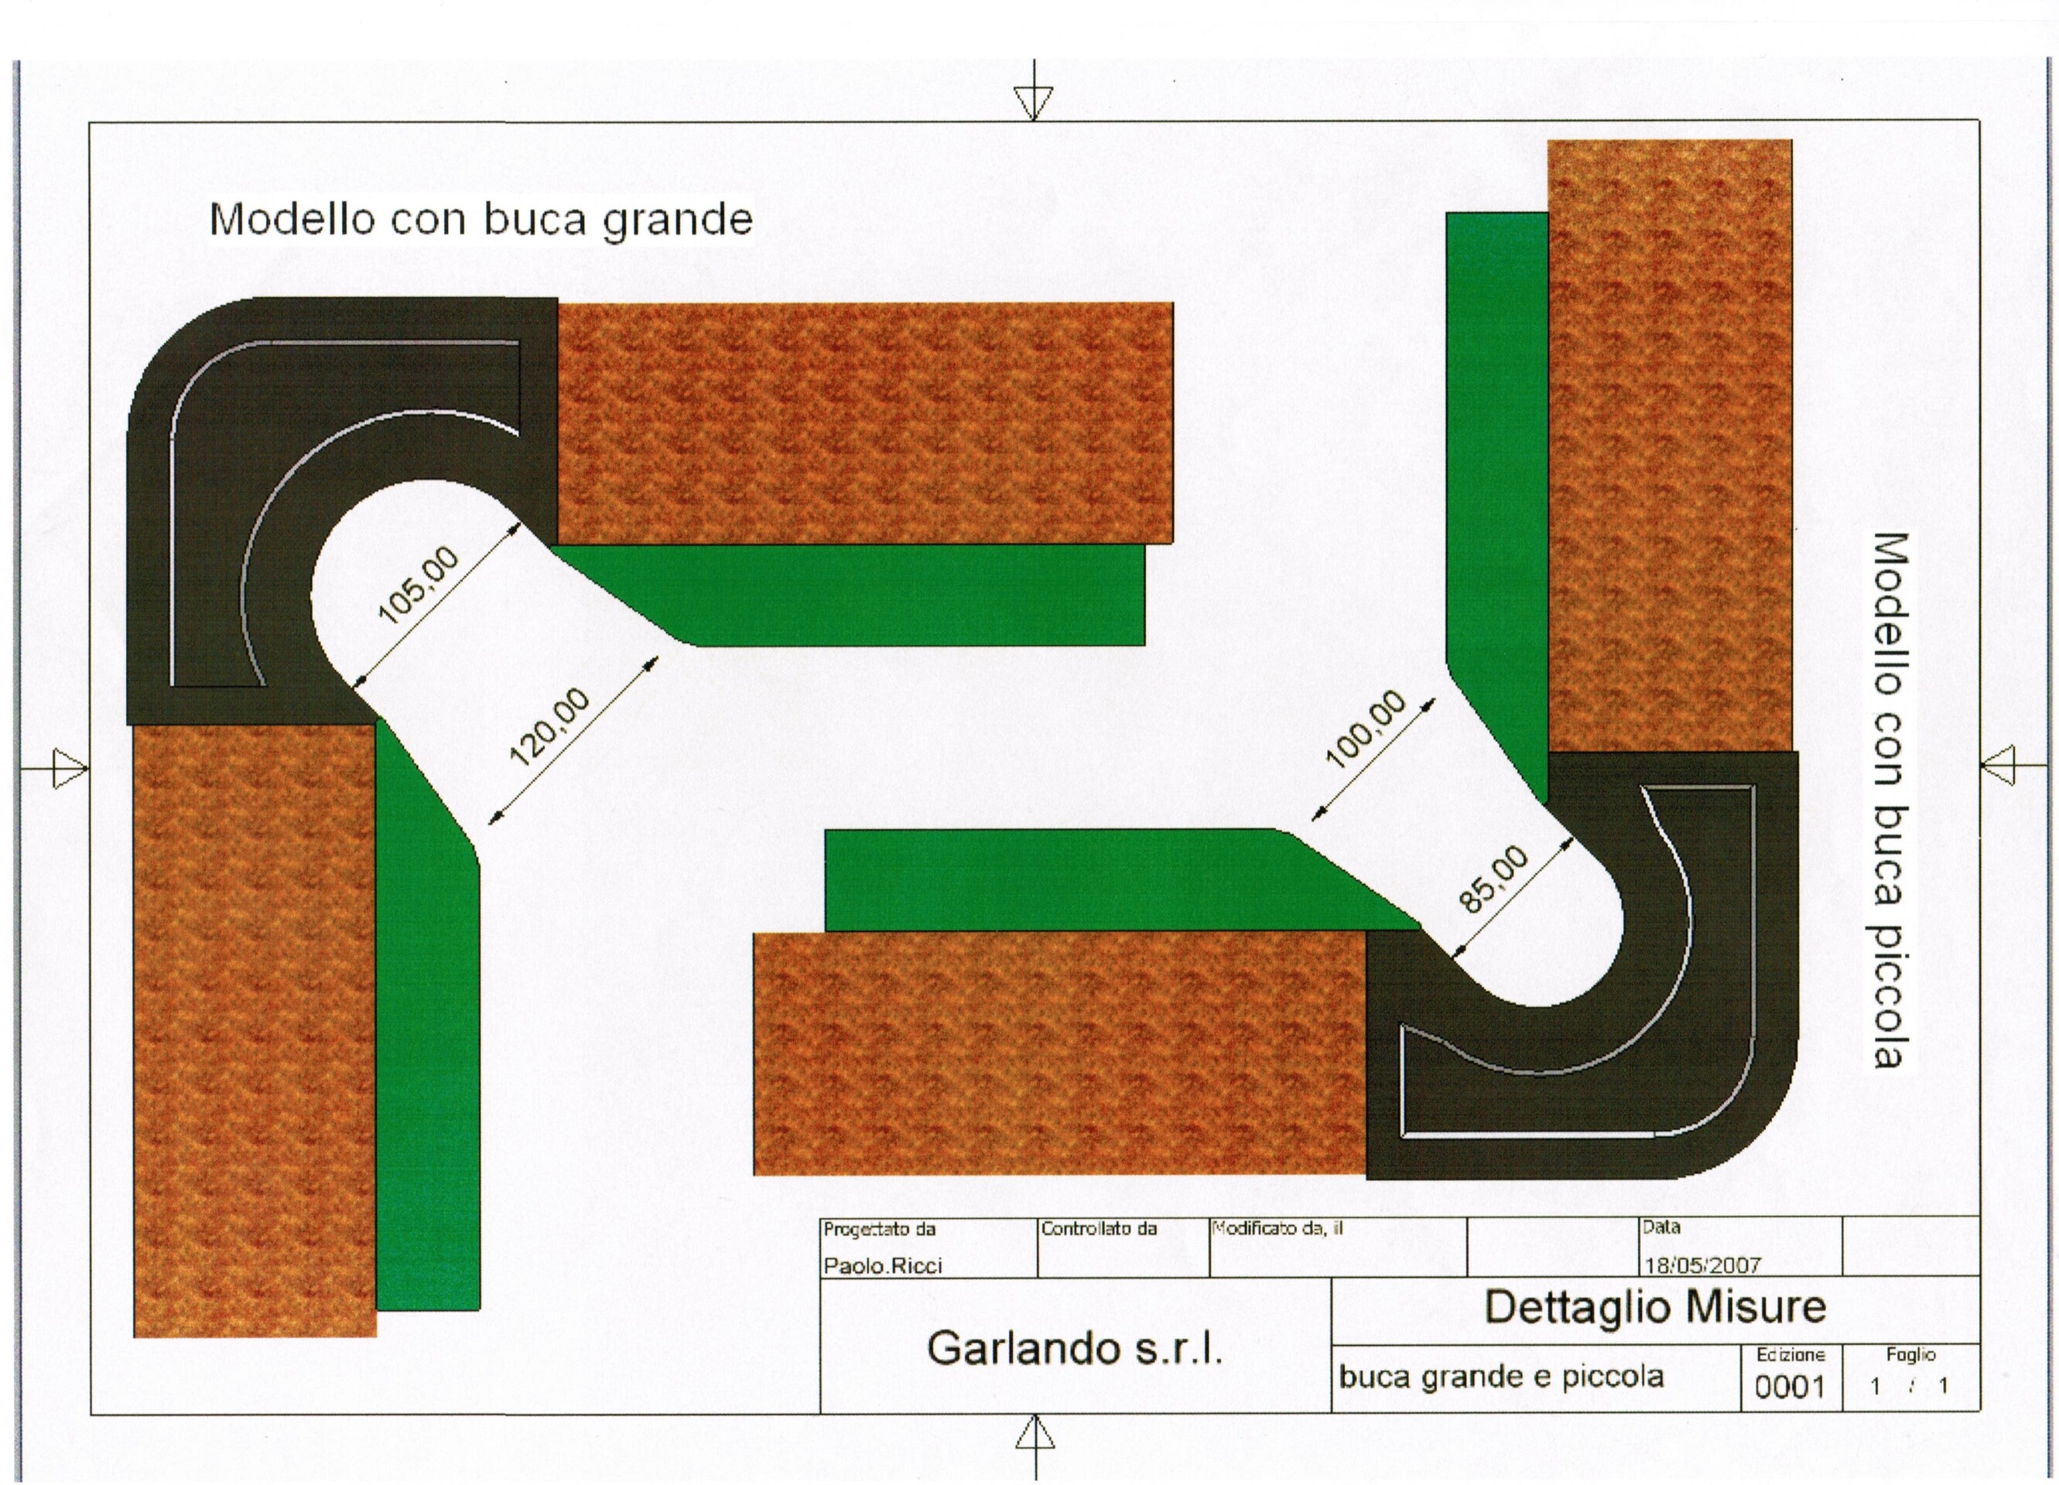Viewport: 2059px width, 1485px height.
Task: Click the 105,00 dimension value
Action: [x=419, y=587]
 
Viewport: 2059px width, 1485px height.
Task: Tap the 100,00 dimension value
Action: [x=1366, y=729]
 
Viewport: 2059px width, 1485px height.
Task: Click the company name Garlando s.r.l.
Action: [x=1075, y=1349]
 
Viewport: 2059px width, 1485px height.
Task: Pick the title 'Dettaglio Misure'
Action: [x=1654, y=1307]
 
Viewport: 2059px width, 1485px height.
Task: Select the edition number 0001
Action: [x=1790, y=1387]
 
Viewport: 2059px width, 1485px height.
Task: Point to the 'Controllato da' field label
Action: [x=1099, y=1229]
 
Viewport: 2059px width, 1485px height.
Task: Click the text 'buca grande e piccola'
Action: [x=1502, y=1377]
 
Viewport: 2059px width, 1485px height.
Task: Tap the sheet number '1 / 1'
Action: [x=1910, y=1387]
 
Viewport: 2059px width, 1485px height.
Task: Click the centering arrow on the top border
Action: [x=1034, y=100]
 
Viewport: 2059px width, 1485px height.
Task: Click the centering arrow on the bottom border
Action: [x=1035, y=1435]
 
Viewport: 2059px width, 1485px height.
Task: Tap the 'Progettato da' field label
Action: [x=879, y=1229]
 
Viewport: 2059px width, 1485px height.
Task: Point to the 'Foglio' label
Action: [x=1910, y=1354]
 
